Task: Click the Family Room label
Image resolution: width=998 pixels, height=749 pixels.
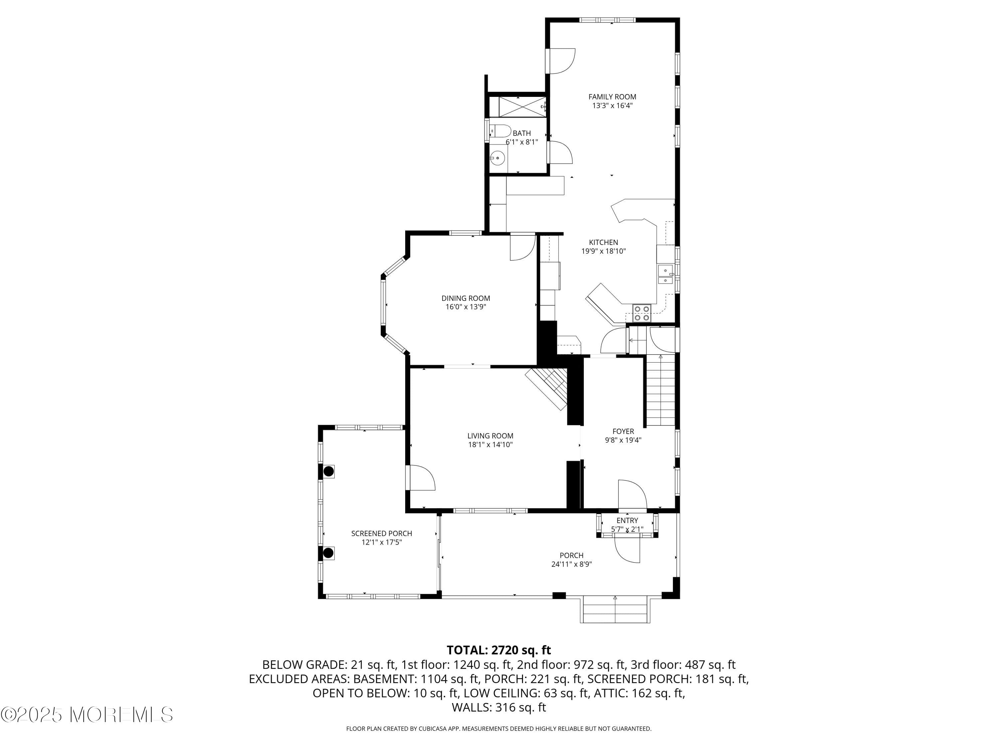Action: (612, 97)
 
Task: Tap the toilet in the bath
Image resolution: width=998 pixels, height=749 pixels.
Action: (500, 131)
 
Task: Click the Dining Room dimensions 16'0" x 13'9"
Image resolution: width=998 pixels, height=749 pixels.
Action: (466, 307)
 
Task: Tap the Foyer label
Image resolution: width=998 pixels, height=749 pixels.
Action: (623, 431)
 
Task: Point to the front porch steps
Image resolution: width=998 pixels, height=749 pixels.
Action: (615, 609)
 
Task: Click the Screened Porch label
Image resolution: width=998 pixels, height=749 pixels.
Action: (381, 533)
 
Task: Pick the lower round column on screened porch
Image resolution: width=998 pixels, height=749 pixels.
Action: (328, 553)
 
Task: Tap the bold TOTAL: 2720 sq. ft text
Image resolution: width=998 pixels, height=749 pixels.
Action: (499, 650)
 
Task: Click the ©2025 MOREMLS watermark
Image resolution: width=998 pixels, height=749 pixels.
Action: (86, 715)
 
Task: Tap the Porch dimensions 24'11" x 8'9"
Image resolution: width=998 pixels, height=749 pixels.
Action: (571, 564)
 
